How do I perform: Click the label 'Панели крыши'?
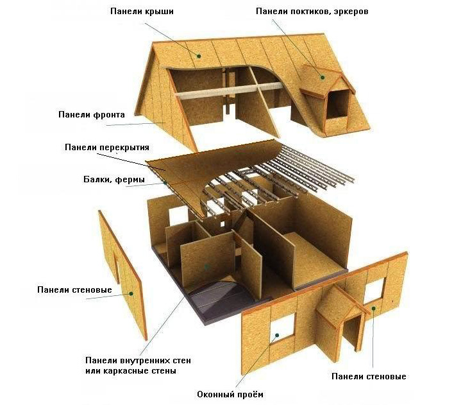click(x=142, y=12)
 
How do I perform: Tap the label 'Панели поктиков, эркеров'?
click(x=312, y=12)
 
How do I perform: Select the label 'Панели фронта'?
click(x=92, y=115)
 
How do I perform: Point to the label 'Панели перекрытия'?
click(x=107, y=148)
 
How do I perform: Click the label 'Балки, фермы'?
click(x=114, y=180)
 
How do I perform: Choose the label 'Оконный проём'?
click(x=230, y=394)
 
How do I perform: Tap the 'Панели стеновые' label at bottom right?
click(x=369, y=376)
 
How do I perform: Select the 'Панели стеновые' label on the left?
click(x=74, y=290)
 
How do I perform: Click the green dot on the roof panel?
click(x=198, y=56)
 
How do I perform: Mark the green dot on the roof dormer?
click(x=323, y=78)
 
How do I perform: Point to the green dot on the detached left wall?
click(x=131, y=294)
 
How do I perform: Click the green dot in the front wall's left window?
click(x=277, y=335)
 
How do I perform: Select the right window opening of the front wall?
click(x=374, y=290)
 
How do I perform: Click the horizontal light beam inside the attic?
click(x=229, y=90)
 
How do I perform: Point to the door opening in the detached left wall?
click(x=116, y=268)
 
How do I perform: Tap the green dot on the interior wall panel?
click(x=206, y=266)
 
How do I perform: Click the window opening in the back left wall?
click(x=178, y=215)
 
